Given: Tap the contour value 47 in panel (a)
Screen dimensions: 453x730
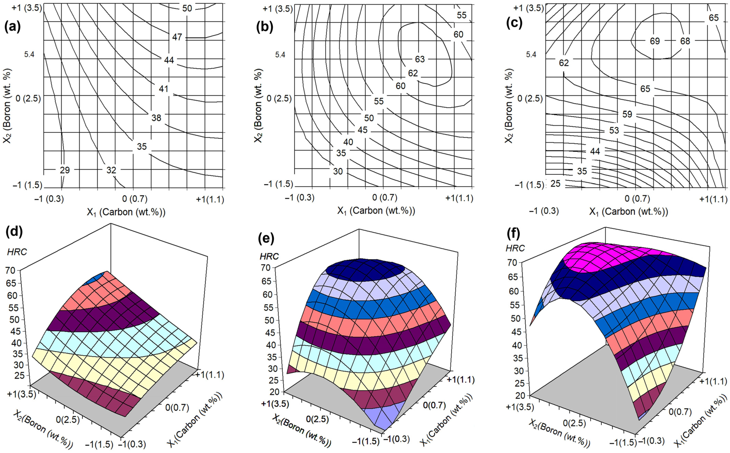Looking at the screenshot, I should (x=177, y=37).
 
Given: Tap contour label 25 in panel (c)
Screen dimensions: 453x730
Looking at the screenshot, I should (x=555, y=184).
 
